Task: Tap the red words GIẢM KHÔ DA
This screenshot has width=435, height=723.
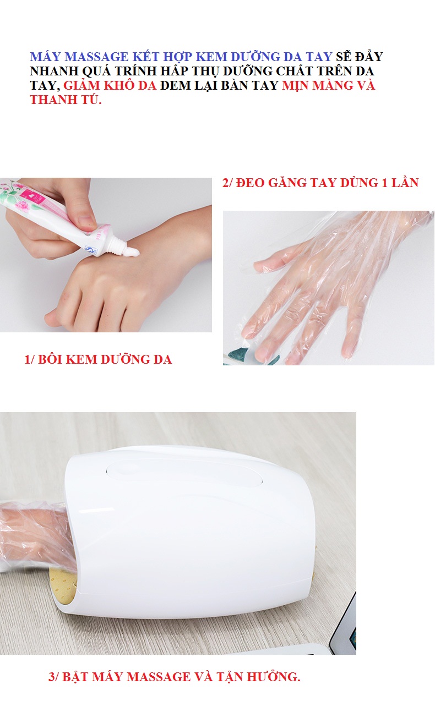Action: pyautogui.click(x=110, y=85)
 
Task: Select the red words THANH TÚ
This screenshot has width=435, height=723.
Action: pyautogui.click(x=66, y=100)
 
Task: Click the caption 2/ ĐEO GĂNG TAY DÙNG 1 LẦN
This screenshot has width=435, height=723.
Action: pyautogui.click(x=320, y=183)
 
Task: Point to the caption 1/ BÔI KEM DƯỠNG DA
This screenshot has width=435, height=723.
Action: pyautogui.click(x=98, y=359)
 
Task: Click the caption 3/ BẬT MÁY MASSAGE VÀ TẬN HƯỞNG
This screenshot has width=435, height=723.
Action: pyautogui.click(x=175, y=677)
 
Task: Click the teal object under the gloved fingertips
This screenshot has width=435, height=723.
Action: pyautogui.click(x=238, y=355)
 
